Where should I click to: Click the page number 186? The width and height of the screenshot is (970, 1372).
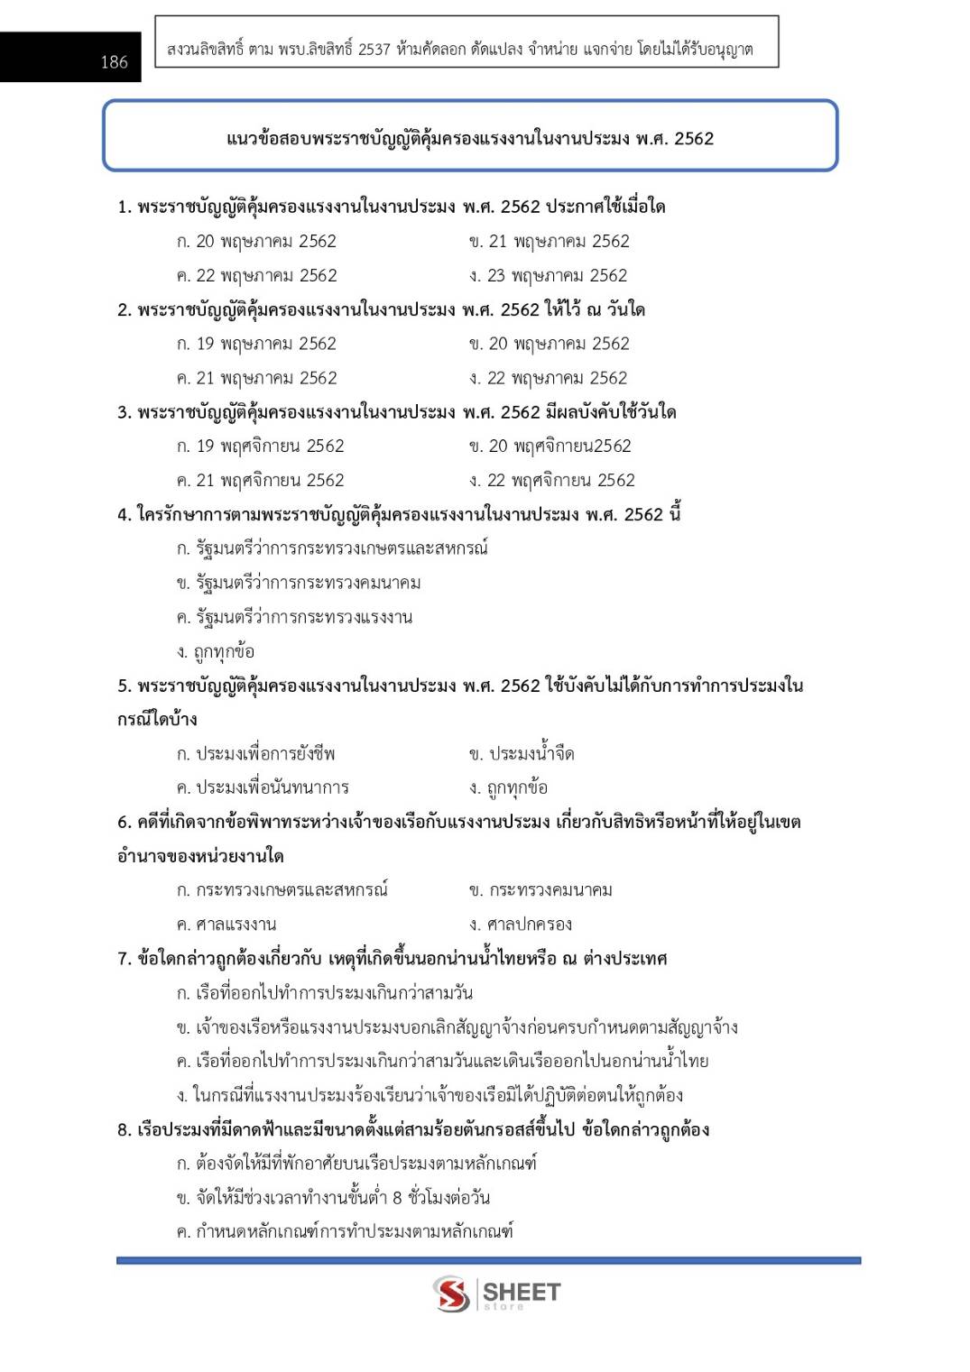coord(114,62)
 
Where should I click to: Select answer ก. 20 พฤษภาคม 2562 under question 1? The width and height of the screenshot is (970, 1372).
coord(256,242)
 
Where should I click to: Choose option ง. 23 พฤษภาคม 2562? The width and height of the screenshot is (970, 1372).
coord(548,276)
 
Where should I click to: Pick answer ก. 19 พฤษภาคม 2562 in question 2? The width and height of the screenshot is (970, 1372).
coord(256,345)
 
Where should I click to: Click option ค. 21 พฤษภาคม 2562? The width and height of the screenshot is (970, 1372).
coord(256,379)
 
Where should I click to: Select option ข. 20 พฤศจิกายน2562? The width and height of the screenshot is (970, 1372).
coord(550,447)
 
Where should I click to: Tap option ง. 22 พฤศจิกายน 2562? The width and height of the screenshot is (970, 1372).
coord(551,481)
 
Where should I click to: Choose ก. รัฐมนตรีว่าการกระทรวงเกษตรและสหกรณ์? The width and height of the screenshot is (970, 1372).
coord(332,548)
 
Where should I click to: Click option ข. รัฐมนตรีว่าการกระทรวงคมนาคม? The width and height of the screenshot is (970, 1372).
coord(299,584)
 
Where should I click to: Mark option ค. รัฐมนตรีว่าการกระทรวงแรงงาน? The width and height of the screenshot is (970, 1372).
coord(294,618)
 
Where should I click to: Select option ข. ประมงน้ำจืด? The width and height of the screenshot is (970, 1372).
coord(522,754)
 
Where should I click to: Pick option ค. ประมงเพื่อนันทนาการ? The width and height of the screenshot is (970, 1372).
coord(263,788)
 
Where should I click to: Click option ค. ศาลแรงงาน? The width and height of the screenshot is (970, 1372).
coord(226,925)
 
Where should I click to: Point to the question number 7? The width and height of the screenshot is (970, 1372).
coord(124,959)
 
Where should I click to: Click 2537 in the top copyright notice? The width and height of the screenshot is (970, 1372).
coord(374,50)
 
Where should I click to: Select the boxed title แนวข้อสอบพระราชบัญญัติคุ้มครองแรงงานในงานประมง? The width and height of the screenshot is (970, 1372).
coord(469,139)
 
